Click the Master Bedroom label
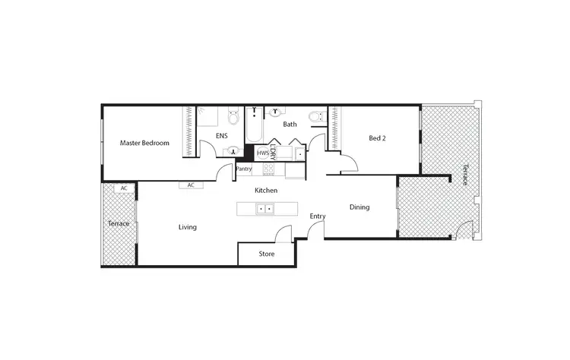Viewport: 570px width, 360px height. [144, 143]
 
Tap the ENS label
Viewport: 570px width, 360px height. [221, 136]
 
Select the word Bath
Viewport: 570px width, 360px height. [290, 124]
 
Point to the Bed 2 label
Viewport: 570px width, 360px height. [378, 138]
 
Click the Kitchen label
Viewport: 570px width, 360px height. [266, 190]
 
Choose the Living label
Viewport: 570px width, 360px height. [188, 226]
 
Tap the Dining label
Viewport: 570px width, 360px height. [359, 207]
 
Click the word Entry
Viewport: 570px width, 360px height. [318, 216]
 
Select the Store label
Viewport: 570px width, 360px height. [266, 254]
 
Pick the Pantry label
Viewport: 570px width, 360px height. [244, 169]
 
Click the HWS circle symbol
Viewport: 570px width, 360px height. [263, 153]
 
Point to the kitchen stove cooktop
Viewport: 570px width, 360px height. [268, 170]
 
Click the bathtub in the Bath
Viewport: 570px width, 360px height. [255, 126]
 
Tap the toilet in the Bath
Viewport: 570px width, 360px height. [315, 118]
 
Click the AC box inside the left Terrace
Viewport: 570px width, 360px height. [123, 188]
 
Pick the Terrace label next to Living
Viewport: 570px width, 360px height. [118, 224]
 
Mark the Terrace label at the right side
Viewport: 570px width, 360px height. [463, 174]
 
